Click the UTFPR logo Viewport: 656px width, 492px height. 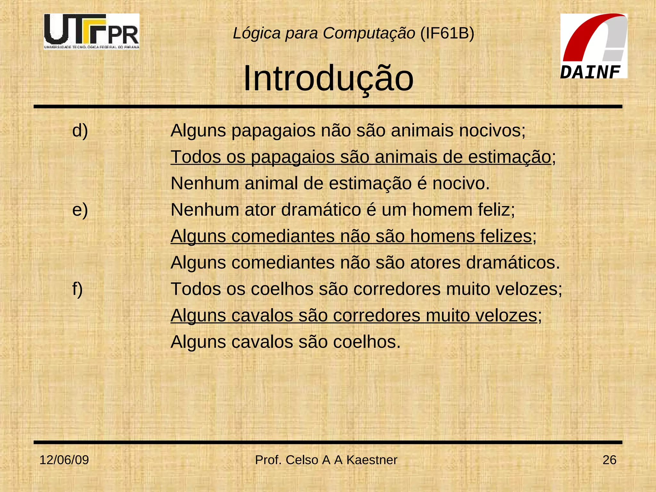(92, 31)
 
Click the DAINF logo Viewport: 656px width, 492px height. (594, 46)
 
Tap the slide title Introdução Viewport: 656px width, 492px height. (328, 78)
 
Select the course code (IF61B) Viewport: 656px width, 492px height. (447, 33)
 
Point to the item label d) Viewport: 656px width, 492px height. (80, 131)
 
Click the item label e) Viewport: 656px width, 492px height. (80, 210)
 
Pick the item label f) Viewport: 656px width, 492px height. (78, 289)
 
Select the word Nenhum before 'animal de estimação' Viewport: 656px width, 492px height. (205, 184)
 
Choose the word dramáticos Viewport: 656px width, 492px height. (512, 263)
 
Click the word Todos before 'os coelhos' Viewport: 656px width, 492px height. (196, 289)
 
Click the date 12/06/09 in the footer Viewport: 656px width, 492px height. (64, 460)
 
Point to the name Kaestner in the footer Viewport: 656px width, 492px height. (372, 460)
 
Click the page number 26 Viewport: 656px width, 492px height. (609, 460)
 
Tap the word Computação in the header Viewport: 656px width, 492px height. (369, 33)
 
